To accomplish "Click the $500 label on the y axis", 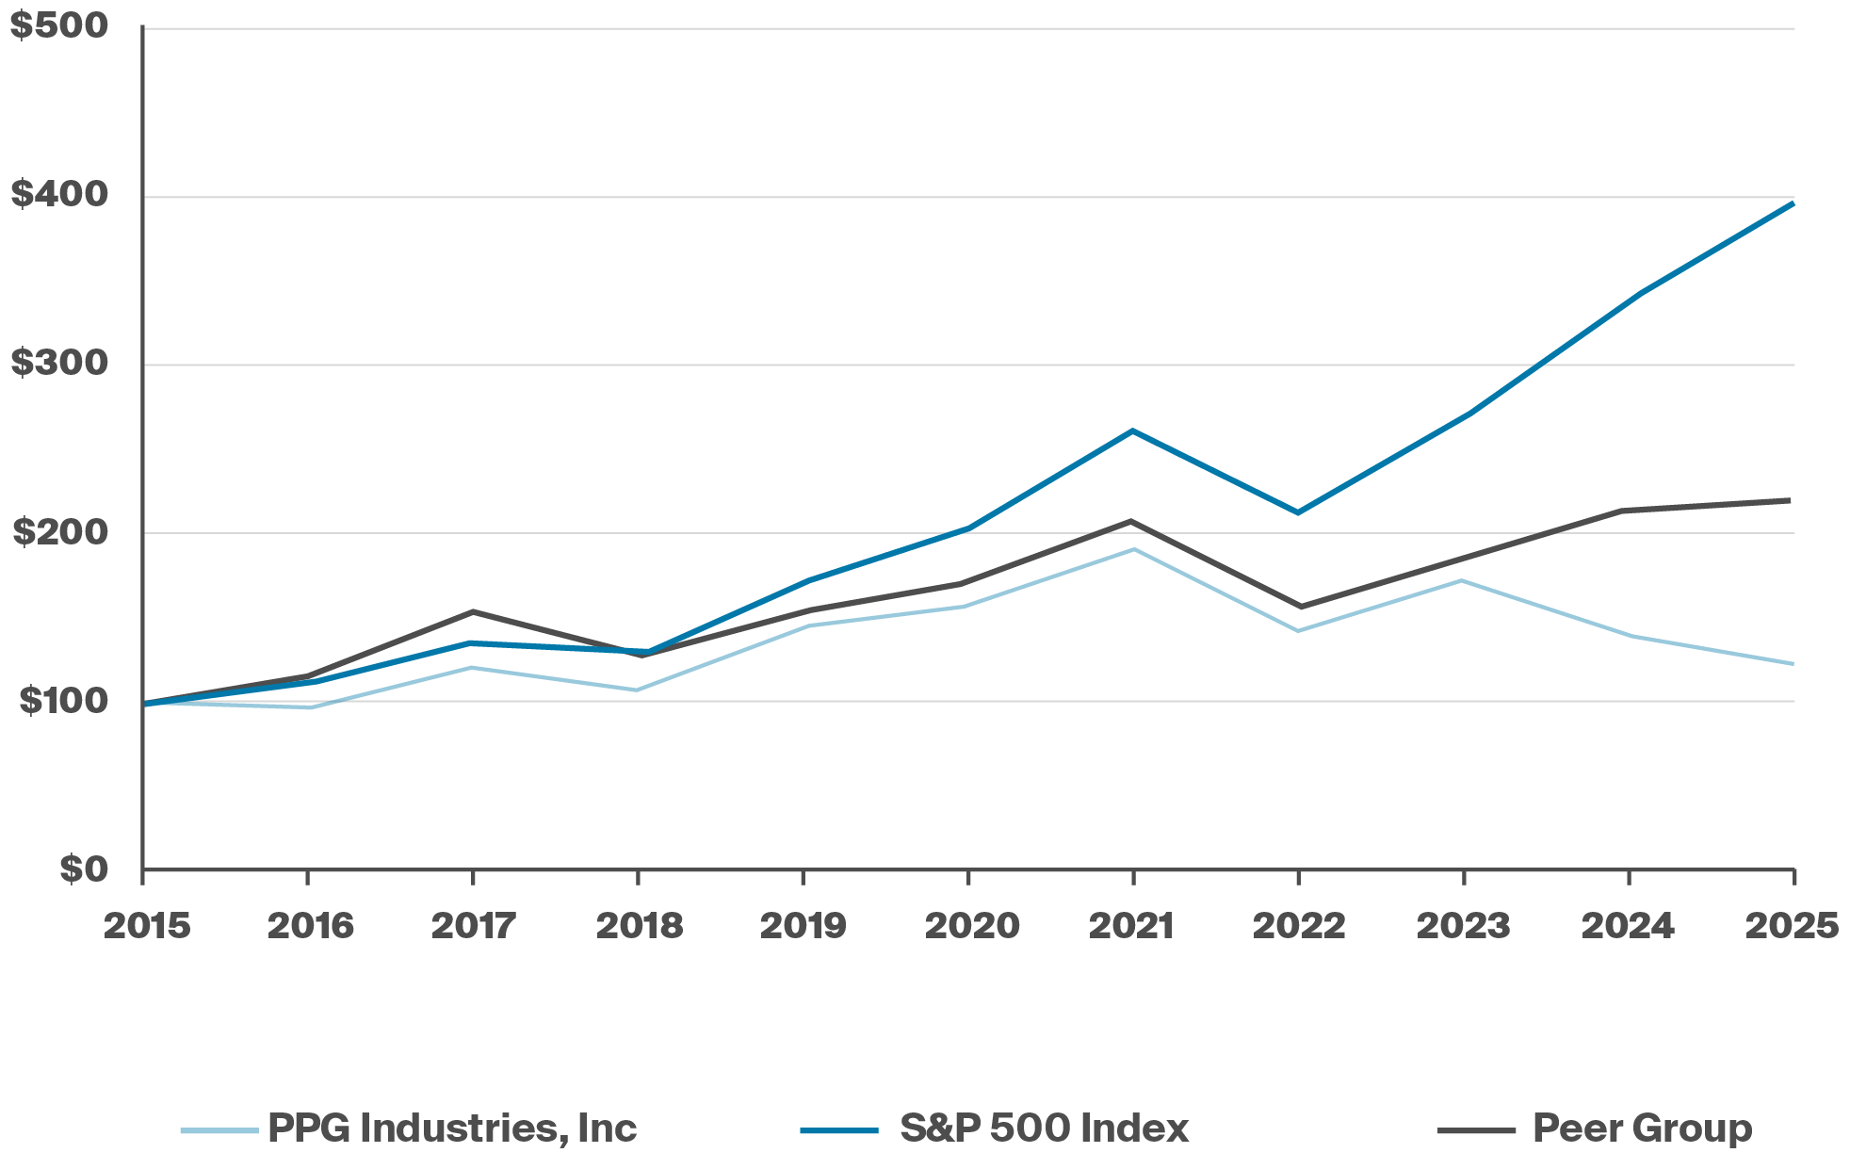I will pos(59,25).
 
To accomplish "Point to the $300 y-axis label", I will pos(59,363).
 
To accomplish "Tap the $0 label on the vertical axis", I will pos(84,869).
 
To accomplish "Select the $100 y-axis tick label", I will pos(63,700).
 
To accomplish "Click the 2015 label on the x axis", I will pos(147,926).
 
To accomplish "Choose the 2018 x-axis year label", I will pos(640,926).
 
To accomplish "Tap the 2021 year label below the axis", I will pos(1132,926).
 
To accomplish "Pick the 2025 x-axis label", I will pos(1792,926).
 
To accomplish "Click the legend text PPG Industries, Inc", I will pos(452,1128).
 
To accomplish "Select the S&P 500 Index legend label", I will pos(1044,1128).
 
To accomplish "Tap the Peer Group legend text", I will pos(1642,1128).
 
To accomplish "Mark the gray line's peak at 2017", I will pos(473,611).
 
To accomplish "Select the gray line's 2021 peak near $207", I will pos(1132,521).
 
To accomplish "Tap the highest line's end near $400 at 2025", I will pos(1793,203).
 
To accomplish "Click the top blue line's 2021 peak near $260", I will pos(1132,430).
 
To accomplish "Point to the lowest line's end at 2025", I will pos(1792,664).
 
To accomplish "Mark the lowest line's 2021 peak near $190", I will pos(1133,549).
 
